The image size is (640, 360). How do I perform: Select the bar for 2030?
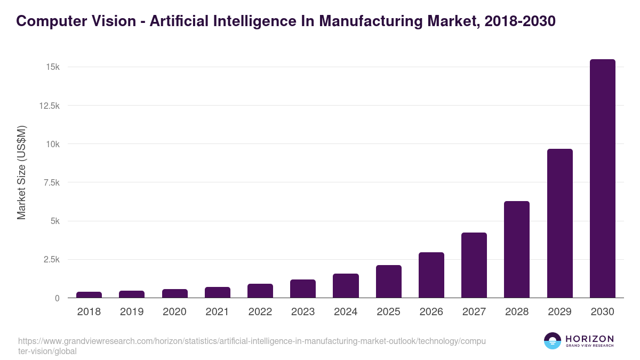(602, 179)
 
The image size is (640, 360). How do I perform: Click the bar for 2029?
(559, 223)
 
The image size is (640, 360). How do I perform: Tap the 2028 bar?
(517, 250)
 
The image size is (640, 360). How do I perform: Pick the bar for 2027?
(474, 265)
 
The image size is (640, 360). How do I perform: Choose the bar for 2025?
(388, 282)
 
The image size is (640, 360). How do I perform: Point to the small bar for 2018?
(89, 295)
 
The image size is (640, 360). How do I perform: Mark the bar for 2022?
(260, 291)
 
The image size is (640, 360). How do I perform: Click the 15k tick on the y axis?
(52, 67)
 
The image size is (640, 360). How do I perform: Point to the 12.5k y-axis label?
(49, 106)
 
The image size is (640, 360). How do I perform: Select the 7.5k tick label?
(51, 182)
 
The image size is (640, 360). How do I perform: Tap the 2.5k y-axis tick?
(51, 260)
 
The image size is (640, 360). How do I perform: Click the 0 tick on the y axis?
(57, 298)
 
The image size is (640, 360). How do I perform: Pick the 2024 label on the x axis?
(346, 312)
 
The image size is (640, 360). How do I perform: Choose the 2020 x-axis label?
(174, 312)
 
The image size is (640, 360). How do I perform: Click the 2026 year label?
(431, 312)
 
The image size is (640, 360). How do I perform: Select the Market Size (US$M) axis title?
(21, 173)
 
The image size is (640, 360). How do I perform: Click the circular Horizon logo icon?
(553, 341)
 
